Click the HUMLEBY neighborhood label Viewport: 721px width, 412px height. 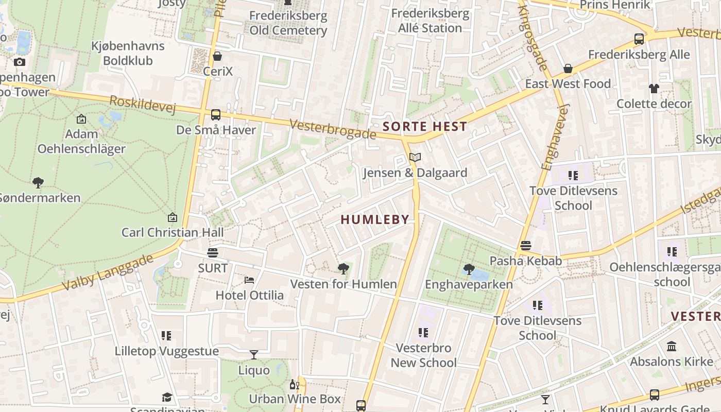pos(375,219)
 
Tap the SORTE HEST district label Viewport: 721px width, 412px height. pos(425,126)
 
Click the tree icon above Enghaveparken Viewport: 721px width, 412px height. pos(469,269)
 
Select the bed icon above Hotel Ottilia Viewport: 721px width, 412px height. pos(249,280)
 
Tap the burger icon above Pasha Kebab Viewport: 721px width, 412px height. pos(525,246)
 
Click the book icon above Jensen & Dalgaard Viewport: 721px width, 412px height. pos(415,158)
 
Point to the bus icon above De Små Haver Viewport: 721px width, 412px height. pos(216,115)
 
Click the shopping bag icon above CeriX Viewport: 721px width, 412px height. pos(217,56)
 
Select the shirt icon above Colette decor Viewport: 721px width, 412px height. pos(654,89)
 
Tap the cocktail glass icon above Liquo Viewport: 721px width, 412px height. pos(254,355)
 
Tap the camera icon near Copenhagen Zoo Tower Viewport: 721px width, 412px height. pos(20,62)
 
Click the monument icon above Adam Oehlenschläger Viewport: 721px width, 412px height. pos(81,119)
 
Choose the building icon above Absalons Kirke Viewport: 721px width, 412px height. pos(672,347)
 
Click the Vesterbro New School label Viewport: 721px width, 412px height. pos(423,355)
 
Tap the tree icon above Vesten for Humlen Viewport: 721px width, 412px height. pos(344,269)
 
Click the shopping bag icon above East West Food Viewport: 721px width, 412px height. pos(568,68)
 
